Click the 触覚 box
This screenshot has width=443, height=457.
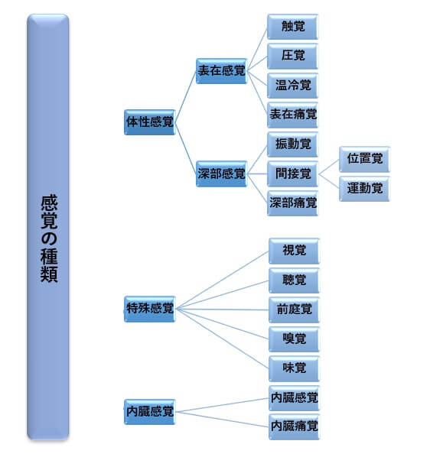click(x=292, y=27)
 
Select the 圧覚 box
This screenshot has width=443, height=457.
click(x=292, y=56)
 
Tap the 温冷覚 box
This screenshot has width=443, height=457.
click(x=292, y=86)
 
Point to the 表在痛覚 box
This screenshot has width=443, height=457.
click(x=292, y=115)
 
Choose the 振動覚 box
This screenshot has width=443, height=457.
click(x=292, y=144)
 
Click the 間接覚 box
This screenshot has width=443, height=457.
click(x=292, y=173)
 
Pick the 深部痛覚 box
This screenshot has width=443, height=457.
click(x=292, y=203)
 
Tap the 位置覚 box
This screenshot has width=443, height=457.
click(x=364, y=159)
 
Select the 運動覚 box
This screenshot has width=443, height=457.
click(x=364, y=189)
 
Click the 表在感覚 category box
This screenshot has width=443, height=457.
click(x=221, y=71)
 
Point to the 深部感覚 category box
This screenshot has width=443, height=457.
click(x=221, y=173)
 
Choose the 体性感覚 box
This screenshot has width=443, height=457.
click(x=149, y=122)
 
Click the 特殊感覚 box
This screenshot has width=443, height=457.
click(x=149, y=309)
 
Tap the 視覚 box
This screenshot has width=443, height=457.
click(x=294, y=251)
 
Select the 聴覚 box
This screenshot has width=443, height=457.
click(x=294, y=280)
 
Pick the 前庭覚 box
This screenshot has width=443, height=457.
click(x=294, y=310)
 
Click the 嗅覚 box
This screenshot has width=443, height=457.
click(x=294, y=339)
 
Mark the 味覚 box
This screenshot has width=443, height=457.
click(x=294, y=368)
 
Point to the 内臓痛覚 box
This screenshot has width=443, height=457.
click(x=294, y=426)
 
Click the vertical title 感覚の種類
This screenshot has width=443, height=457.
click(x=49, y=238)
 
